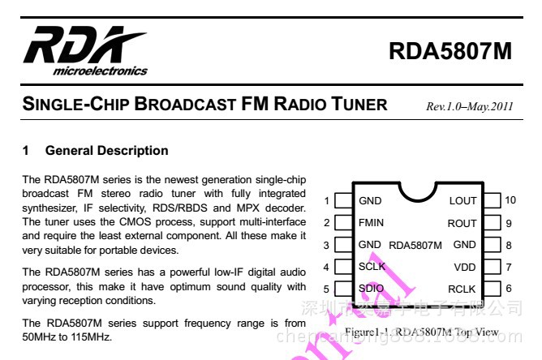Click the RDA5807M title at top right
[450, 51]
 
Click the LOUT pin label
[462, 200]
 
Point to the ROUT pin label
[462, 223]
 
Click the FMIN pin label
[372, 223]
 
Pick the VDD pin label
[465, 267]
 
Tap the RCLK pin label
[462, 289]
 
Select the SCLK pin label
[372, 267]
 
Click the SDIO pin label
[372, 289]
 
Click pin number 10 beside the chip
[510, 200]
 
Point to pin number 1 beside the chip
[326, 200]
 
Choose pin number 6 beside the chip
[509, 289]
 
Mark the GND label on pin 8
[464, 245]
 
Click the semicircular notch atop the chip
[419, 188]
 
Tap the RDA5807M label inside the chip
[415, 245]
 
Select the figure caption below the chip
[421, 332]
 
